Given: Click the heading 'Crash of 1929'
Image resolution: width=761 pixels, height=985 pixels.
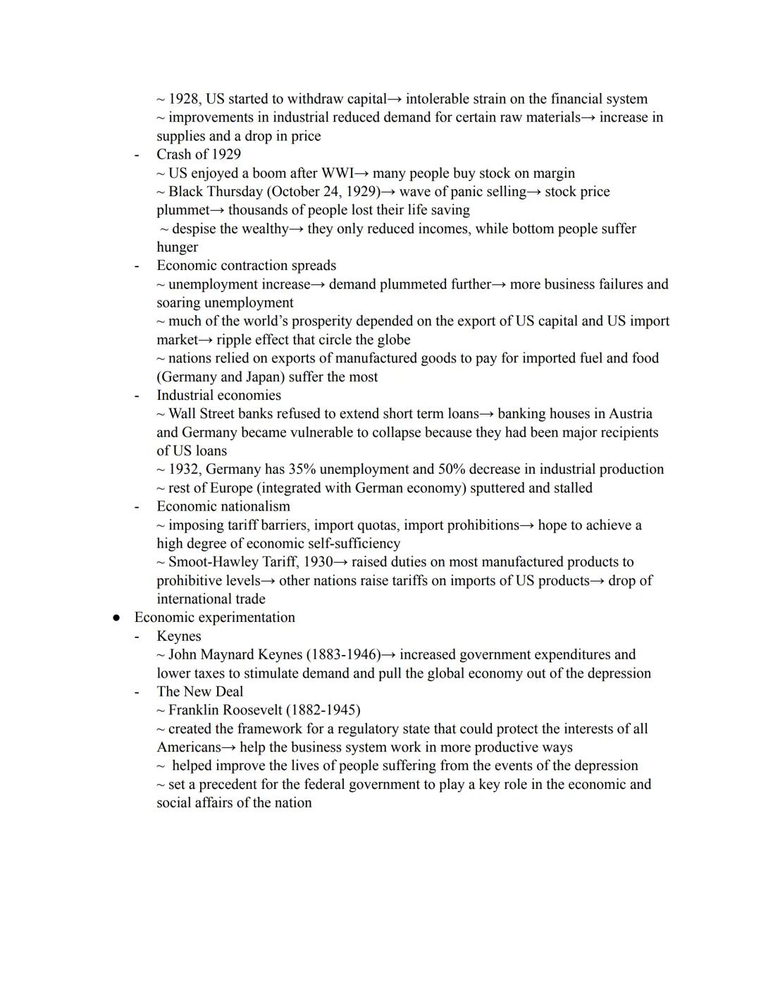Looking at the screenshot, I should click(x=198, y=154).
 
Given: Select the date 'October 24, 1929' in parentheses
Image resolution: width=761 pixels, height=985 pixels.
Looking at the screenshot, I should click(x=324, y=192).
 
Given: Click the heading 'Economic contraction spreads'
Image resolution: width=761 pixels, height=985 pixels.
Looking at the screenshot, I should click(x=246, y=266).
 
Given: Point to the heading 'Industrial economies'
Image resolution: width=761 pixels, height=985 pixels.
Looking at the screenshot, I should click(x=218, y=396).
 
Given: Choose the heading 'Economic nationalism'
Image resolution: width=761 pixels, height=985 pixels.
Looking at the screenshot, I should click(x=223, y=506).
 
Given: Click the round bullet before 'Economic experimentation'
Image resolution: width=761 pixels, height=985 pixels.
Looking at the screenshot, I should click(x=116, y=618).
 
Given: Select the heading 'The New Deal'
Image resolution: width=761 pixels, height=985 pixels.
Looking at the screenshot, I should click(x=199, y=692).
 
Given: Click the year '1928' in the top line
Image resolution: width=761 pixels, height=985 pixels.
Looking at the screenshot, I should click(x=183, y=99).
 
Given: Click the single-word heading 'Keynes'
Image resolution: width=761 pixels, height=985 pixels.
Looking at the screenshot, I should click(x=178, y=636).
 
